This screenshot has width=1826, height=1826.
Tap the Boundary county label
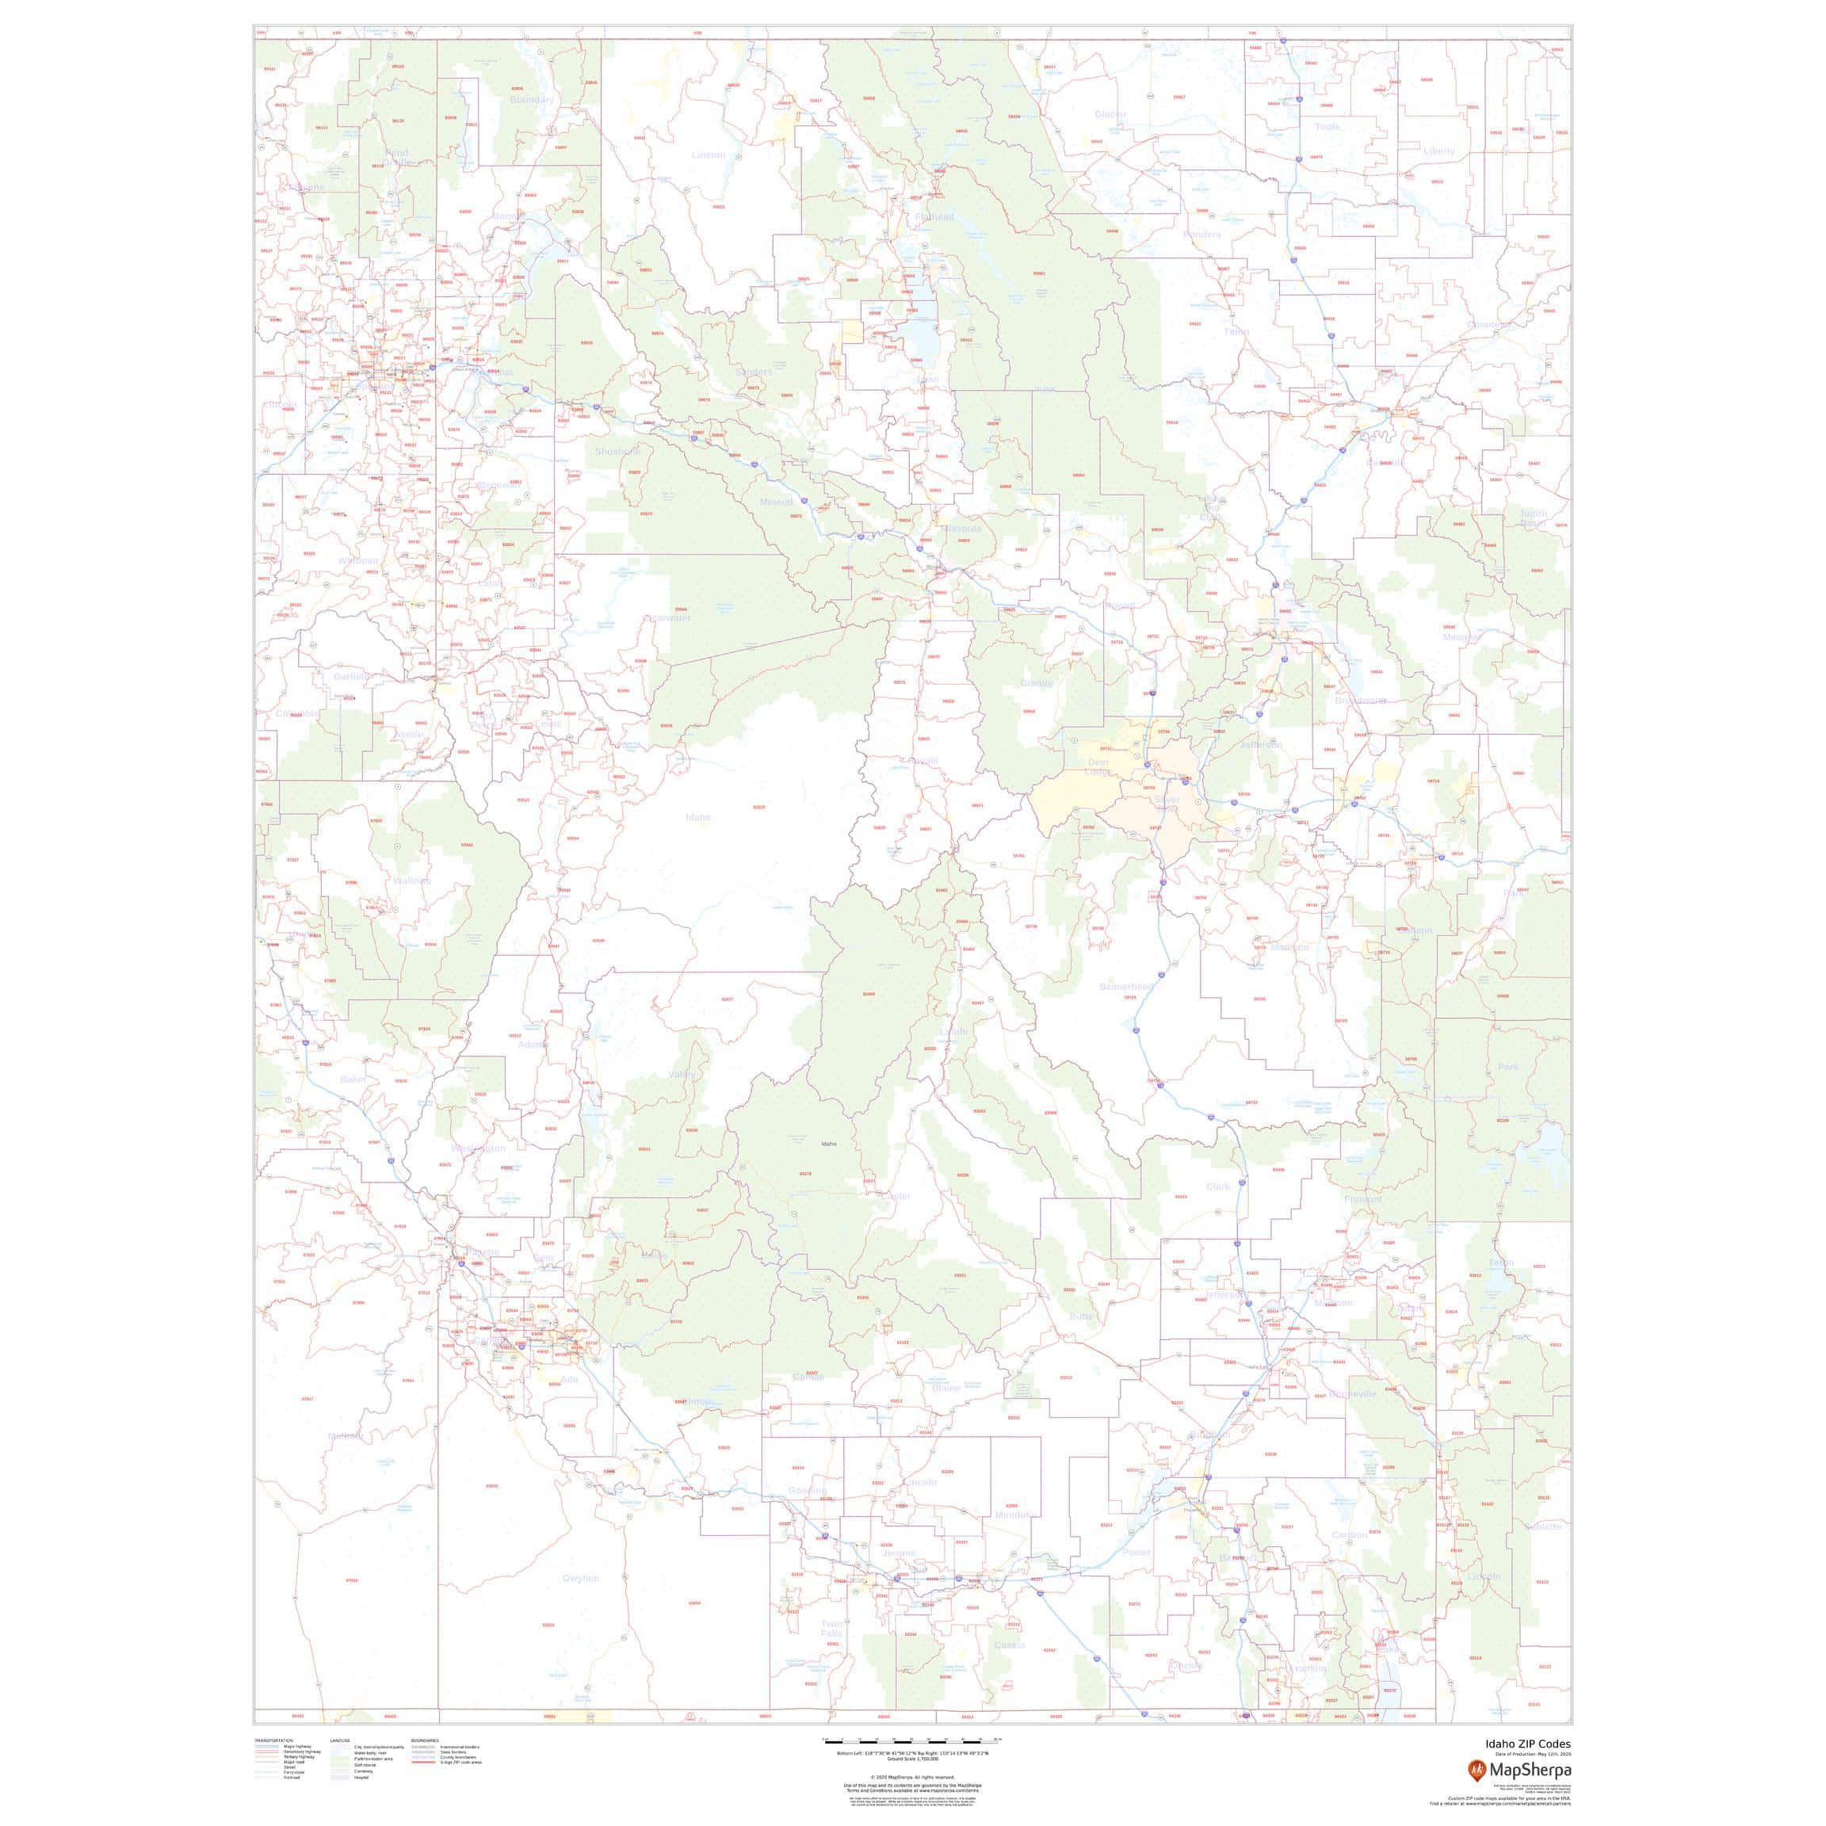pyautogui.click(x=532, y=100)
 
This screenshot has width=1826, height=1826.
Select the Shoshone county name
pyautogui.click(x=617, y=452)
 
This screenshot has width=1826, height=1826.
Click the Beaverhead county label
pyautogui.click(x=1125, y=987)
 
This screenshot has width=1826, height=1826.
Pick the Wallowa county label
pyautogui.click(x=412, y=881)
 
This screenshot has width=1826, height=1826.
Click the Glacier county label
pyautogui.click(x=1110, y=114)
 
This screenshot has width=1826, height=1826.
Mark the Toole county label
pyautogui.click(x=1327, y=127)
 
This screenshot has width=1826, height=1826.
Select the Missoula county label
pyautogui.click(x=961, y=529)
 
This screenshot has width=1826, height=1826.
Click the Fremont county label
pyautogui.click(x=1363, y=1199)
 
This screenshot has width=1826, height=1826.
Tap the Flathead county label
pyautogui.click(x=934, y=217)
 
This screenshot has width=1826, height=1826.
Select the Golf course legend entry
pyautogui.click(x=362, y=1763)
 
